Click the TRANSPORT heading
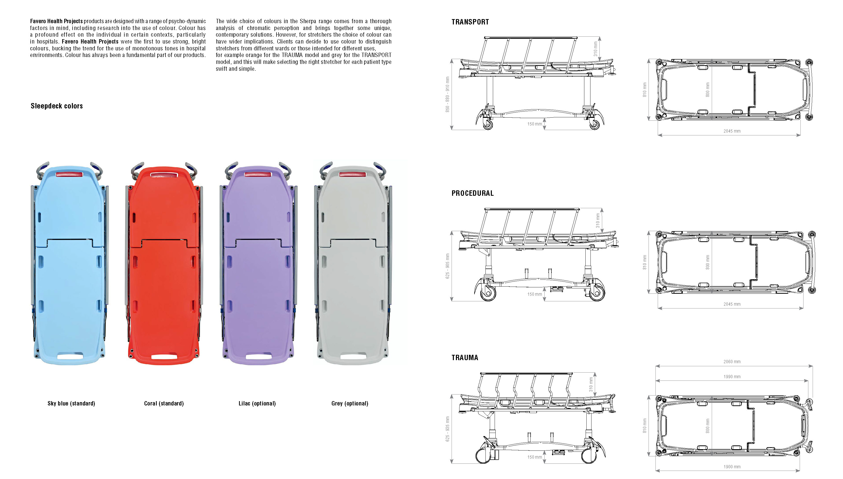click(x=470, y=22)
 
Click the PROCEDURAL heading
click(x=472, y=193)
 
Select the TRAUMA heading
click(x=465, y=358)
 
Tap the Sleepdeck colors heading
click(x=57, y=106)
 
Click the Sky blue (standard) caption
click(x=71, y=403)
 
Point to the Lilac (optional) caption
click(x=257, y=403)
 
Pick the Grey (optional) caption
click(x=350, y=403)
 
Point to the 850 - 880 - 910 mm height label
click(x=447, y=94)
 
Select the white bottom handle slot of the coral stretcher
click(x=164, y=357)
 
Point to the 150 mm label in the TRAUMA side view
click(x=534, y=457)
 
